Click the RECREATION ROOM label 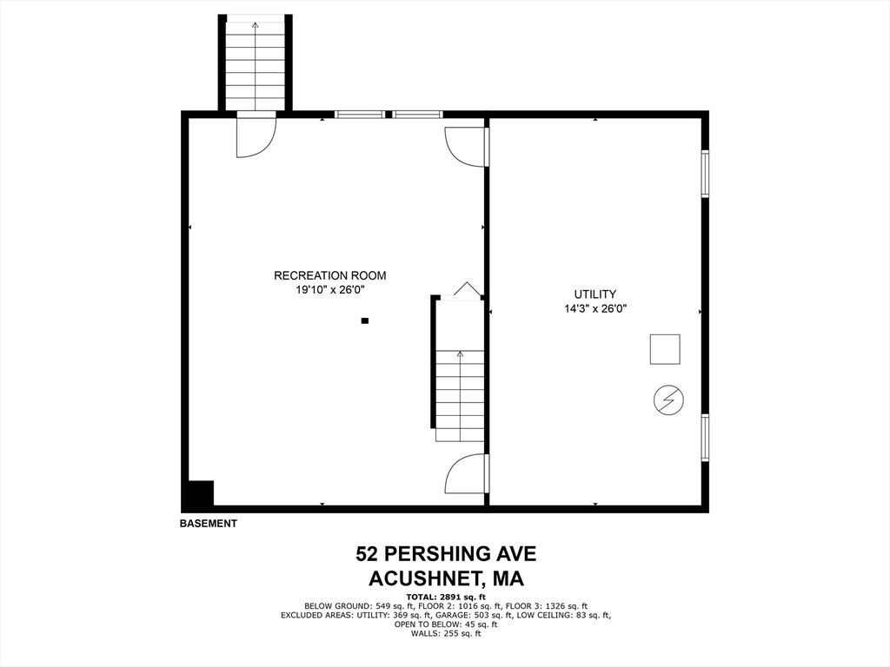(x=329, y=276)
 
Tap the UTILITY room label (x=594, y=294)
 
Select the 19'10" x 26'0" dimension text (x=329, y=291)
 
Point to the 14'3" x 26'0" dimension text (x=594, y=308)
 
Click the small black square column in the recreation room (x=365, y=321)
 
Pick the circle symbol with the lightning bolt (x=668, y=400)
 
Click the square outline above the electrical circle (x=665, y=349)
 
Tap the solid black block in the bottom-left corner (x=198, y=494)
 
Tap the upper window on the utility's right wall (x=705, y=175)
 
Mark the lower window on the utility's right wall (x=705, y=438)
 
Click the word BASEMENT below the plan (x=208, y=524)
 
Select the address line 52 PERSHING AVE (x=445, y=554)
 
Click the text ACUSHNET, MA (x=445, y=578)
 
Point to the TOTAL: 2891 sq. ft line (x=445, y=597)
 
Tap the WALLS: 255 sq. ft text (x=445, y=634)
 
